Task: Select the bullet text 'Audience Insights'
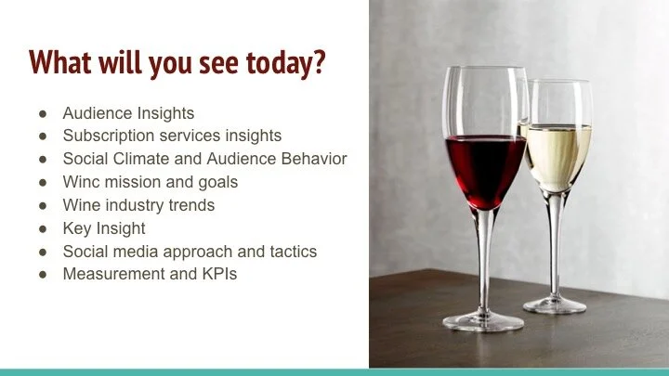coord(128,113)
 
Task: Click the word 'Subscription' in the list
coord(105,136)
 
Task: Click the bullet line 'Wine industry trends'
coord(138,205)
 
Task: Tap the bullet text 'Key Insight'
coord(104,228)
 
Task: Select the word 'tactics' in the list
coord(293,252)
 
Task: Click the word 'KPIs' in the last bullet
coord(217,274)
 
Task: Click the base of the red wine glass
coord(484,321)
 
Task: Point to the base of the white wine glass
coord(555,304)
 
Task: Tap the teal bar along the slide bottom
coord(334,371)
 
